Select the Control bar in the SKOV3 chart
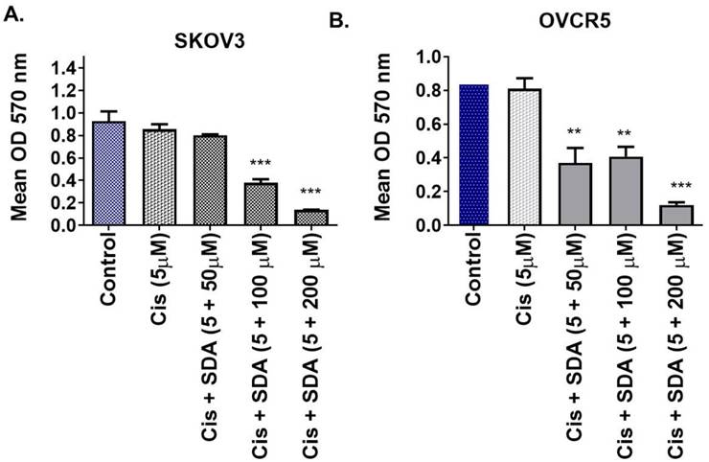(x=110, y=173)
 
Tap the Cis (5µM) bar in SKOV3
(x=158, y=177)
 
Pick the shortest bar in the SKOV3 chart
(x=309, y=218)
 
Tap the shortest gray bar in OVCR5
(x=676, y=215)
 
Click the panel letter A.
(x=12, y=13)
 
